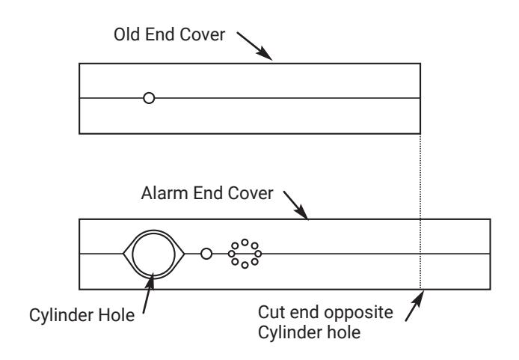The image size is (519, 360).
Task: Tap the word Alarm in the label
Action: (x=165, y=193)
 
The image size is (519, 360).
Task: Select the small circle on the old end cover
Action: (x=149, y=98)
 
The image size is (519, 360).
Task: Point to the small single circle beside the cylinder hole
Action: (x=206, y=254)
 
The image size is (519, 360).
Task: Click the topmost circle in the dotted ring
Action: (x=245, y=242)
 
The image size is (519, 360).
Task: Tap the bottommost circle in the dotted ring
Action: (x=245, y=265)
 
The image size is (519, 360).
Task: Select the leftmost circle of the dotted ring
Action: (x=232, y=254)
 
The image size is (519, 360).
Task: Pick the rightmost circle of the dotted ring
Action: (x=258, y=254)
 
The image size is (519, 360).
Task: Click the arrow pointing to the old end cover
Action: (x=254, y=46)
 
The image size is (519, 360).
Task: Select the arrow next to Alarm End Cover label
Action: (x=296, y=205)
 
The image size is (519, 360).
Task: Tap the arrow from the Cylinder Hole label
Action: (x=148, y=293)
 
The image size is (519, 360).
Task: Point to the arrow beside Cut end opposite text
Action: (x=415, y=305)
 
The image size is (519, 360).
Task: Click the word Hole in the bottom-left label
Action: (x=117, y=315)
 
